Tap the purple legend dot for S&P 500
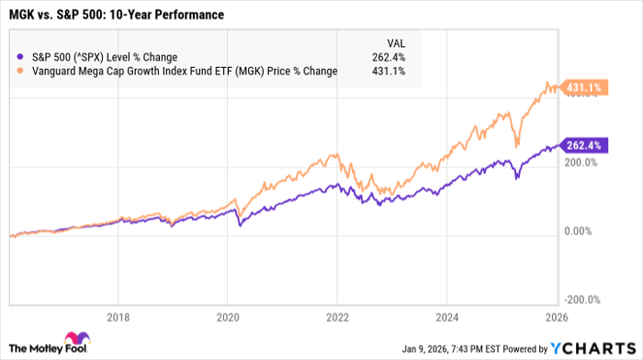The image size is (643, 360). (21, 57)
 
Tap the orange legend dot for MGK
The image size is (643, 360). (21, 71)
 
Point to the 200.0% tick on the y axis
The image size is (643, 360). (581, 163)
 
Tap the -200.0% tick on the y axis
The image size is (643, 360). (581, 298)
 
